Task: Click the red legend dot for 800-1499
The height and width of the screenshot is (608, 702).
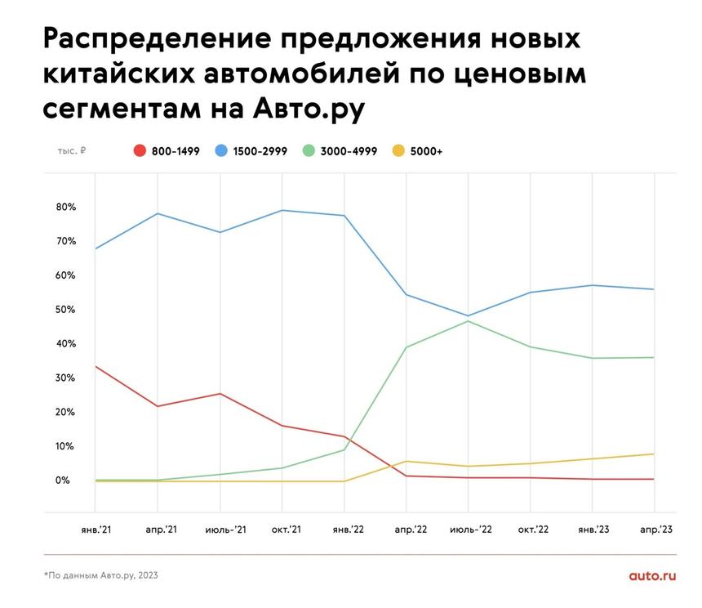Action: click(140, 151)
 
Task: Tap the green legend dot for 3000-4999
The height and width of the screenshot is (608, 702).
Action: click(309, 151)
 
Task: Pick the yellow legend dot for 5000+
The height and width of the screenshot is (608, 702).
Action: click(399, 151)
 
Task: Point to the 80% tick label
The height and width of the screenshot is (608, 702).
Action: click(66, 208)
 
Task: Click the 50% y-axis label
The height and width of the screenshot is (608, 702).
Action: click(66, 310)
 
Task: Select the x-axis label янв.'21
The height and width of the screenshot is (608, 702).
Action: click(96, 530)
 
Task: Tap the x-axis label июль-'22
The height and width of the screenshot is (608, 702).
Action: click(471, 530)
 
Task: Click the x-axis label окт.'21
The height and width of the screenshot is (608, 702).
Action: click(286, 530)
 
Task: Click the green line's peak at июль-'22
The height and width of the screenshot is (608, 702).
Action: click(469, 321)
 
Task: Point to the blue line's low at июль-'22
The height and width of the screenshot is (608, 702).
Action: click(469, 315)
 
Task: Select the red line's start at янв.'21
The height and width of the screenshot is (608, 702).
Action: click(96, 366)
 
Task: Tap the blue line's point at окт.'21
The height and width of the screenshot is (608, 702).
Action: click(282, 211)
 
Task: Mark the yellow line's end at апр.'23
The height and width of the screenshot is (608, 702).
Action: click(654, 454)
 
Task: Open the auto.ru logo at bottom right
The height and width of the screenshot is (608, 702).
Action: click(652, 575)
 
